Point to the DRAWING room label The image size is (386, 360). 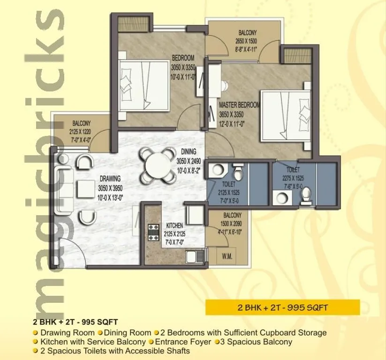click(x=110, y=179)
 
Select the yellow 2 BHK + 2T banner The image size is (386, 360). click(x=282, y=307)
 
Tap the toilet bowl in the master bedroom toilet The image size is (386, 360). click(x=307, y=195)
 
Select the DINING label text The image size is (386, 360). click(x=189, y=152)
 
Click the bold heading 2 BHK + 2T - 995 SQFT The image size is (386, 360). click(x=75, y=322)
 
